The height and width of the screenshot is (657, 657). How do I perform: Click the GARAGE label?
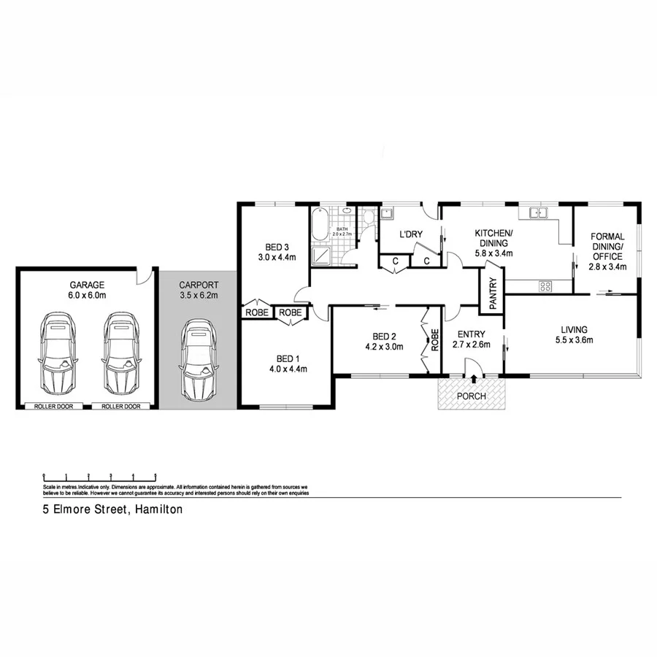click(88, 285)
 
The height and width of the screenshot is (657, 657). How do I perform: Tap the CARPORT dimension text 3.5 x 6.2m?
click(199, 296)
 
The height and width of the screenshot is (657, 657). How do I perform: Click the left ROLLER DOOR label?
click(54, 406)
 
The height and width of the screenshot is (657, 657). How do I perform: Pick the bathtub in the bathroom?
click(319, 226)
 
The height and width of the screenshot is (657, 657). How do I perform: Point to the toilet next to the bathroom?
click(369, 218)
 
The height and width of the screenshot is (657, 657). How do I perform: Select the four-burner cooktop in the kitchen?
click(545, 286)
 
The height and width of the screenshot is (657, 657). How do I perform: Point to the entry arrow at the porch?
click(474, 378)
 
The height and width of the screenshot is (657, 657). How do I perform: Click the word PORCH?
click(472, 396)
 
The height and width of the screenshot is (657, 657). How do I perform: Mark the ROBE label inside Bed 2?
click(434, 340)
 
